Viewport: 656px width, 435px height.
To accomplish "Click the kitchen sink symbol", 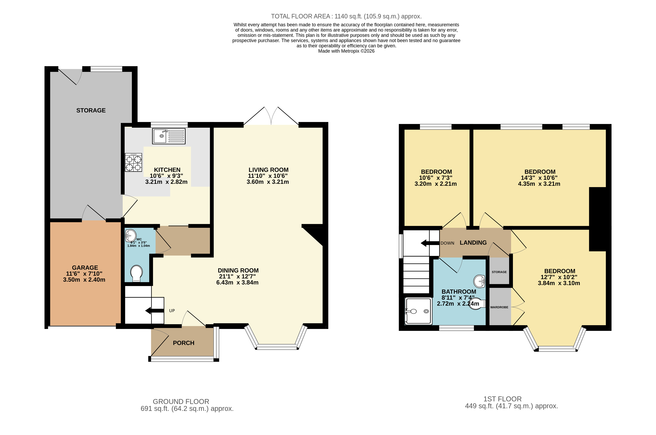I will pos(169,136).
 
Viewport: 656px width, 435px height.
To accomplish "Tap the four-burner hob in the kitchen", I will pos(134,163).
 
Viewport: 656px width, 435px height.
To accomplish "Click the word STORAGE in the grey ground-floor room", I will pos(91,110).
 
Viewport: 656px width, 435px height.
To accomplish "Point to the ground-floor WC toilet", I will pos(136,273).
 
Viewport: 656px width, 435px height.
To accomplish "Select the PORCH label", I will pos(183,343).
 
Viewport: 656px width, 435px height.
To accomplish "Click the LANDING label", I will pos(473,243).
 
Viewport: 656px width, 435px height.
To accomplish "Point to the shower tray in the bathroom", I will pos(419,311).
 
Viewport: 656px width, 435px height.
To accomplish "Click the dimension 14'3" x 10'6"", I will pos(539,178).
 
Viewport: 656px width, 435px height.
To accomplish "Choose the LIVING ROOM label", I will pos(268,170).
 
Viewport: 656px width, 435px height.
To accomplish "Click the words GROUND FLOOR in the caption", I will pos(181,401).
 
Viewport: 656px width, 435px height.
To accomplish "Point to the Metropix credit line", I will pos(346,51).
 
